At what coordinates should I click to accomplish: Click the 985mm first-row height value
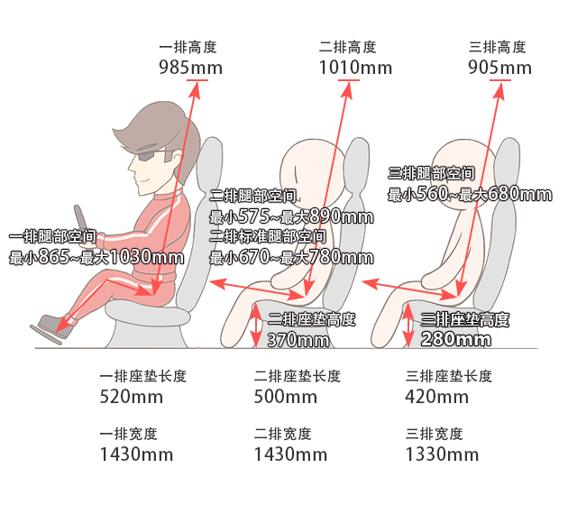point(190,68)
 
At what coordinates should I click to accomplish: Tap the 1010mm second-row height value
point(355,68)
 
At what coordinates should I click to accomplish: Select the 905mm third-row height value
point(499,68)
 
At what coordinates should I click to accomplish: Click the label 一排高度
point(188,47)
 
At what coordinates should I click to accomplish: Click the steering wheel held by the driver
point(82,224)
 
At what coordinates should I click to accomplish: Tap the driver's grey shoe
point(55,326)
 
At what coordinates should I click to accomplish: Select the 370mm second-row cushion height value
point(298,340)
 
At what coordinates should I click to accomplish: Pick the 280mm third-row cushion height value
point(455,339)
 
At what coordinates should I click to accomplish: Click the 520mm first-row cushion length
point(132,397)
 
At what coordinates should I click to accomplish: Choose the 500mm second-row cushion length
point(285,397)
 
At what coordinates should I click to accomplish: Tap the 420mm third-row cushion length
point(436,397)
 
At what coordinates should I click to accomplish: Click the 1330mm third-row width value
point(442,454)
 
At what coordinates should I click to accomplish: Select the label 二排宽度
point(282,434)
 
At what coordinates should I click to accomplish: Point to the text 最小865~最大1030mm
point(96,257)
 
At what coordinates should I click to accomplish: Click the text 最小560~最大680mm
point(470,194)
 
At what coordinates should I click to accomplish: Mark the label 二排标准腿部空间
point(268,236)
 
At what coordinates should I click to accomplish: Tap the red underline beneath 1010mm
point(349,80)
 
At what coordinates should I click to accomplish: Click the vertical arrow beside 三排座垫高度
point(408,326)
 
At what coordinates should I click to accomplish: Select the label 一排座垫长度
point(143,376)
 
